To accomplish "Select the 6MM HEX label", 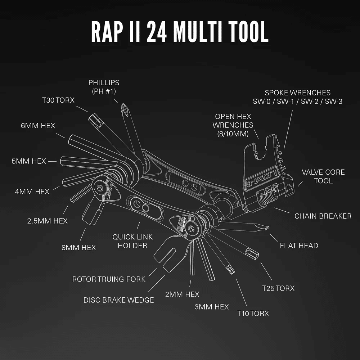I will coord(38,126).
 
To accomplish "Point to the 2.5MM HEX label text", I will coord(48,221).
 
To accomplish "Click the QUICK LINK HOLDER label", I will coord(132,241).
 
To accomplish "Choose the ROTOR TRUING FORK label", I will coord(109,279).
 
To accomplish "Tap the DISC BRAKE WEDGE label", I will coord(118,300).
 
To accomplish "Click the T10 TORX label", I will coord(253,313).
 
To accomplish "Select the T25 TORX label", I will coord(278,288).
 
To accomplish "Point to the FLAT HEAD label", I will coord(299,246).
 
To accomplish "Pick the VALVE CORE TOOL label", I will coord(323,176).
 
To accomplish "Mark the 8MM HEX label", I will coord(78,247).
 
